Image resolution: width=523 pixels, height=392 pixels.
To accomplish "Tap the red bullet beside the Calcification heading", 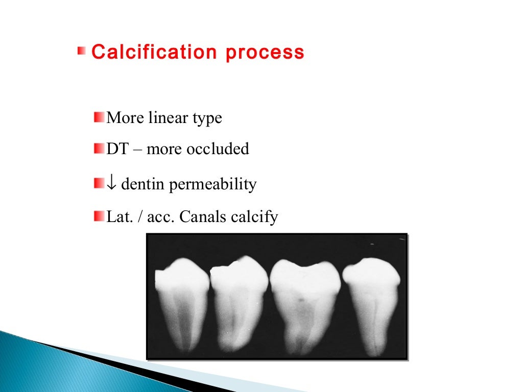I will point(82,51).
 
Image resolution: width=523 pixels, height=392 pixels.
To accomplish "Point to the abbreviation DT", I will point(116,149).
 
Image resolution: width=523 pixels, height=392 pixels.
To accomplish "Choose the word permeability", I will point(213,184).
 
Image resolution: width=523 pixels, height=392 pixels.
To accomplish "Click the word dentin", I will point(144,184).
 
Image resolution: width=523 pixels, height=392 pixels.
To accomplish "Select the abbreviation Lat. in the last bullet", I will point(117,217).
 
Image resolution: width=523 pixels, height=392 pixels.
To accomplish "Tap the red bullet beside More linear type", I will point(99,118).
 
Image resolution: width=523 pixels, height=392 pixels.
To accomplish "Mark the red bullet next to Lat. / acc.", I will point(99,217).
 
